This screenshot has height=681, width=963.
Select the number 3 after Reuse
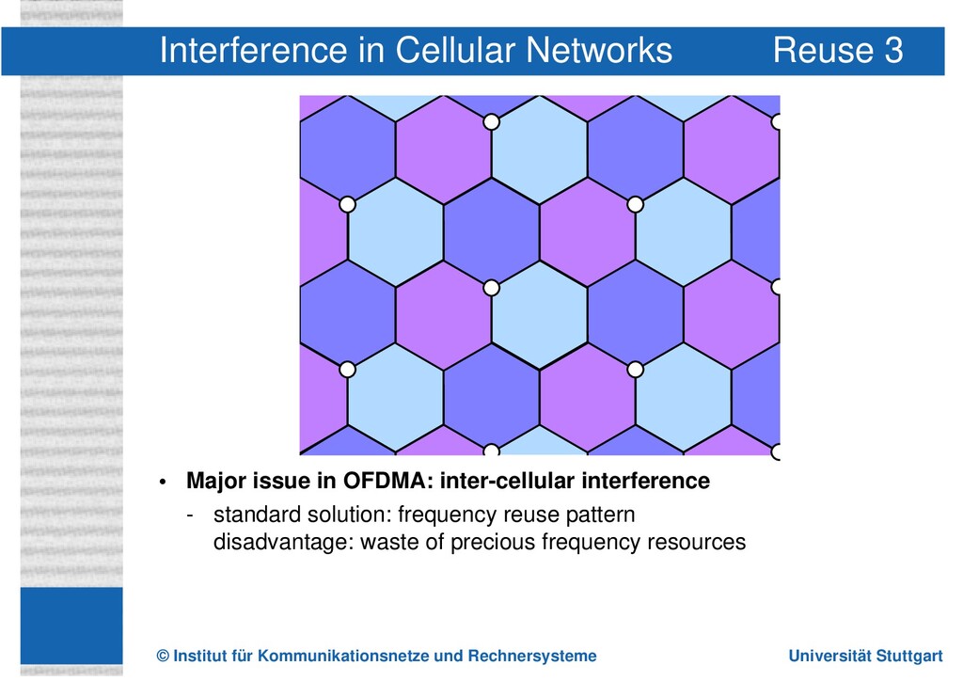pyautogui.click(x=893, y=50)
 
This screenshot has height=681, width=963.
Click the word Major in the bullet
pyautogui.click(x=215, y=482)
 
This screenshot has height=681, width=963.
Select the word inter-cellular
pyautogui.click(x=507, y=482)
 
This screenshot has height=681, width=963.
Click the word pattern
pyautogui.click(x=601, y=515)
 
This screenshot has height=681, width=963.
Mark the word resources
pyautogui.click(x=696, y=543)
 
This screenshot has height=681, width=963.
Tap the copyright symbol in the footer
pyautogui.click(x=164, y=656)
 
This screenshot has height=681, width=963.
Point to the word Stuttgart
pyautogui.click(x=910, y=656)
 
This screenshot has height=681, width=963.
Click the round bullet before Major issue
pyautogui.click(x=163, y=483)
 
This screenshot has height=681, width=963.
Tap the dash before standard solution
pyautogui.click(x=192, y=515)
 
